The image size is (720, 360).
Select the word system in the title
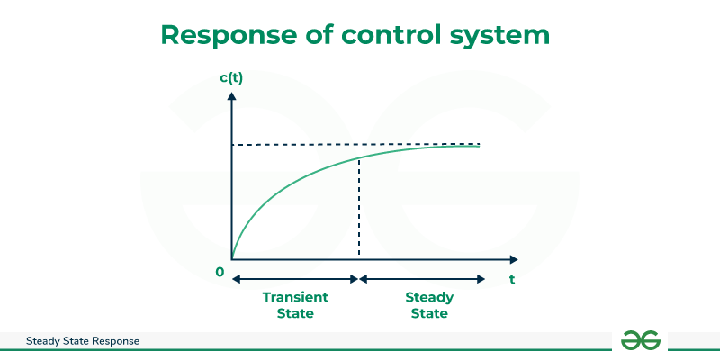pos(499,36)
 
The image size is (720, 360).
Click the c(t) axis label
pos(231,78)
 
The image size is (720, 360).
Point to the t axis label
pos(511,279)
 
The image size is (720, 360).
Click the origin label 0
pos(220,273)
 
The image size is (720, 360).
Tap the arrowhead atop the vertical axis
pos(232,96)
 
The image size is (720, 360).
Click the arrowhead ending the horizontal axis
pos(513,259)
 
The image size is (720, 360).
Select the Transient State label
pos(295,305)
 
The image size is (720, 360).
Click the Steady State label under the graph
pos(429,305)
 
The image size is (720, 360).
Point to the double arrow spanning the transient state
pos(295,279)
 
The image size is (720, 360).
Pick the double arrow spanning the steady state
pos(422,279)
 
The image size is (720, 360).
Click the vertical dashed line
pos(358,208)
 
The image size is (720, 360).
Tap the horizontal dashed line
pos(355,145)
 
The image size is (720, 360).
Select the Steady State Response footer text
pos(83,341)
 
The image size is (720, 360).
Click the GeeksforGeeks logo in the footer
pos(641,340)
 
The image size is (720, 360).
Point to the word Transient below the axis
pos(295,298)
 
